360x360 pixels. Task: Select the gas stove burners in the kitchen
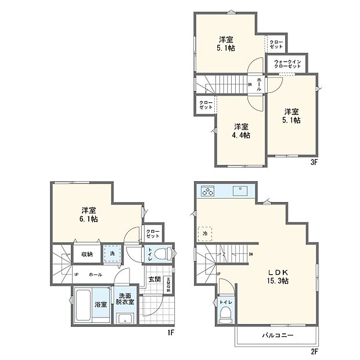point(208,190)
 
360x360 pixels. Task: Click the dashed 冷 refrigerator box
point(205,233)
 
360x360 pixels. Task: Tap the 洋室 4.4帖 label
point(242,131)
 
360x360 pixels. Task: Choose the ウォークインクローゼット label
point(287,64)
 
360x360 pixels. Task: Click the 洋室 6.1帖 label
point(88,214)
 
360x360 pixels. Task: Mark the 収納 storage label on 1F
point(87,254)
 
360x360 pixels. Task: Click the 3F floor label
point(314,163)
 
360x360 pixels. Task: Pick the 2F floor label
point(314,352)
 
